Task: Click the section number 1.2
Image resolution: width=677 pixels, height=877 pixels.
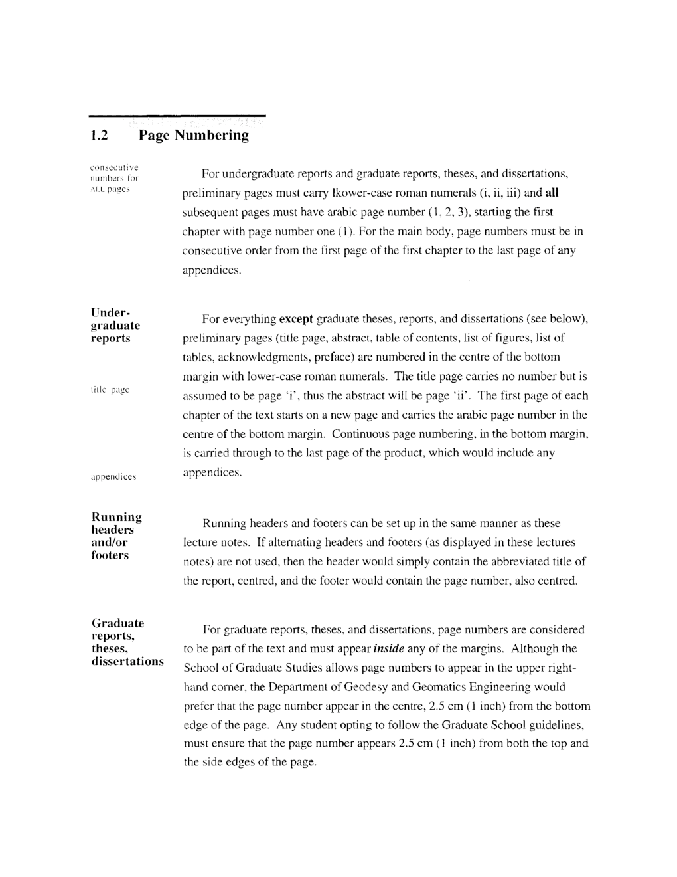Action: pyautogui.click(x=99, y=136)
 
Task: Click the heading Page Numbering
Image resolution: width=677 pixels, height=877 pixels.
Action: pyautogui.click(x=194, y=136)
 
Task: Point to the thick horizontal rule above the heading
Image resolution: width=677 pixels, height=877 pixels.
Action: pyautogui.click(x=177, y=116)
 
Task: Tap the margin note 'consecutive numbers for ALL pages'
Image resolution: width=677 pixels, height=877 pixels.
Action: pyautogui.click(x=115, y=178)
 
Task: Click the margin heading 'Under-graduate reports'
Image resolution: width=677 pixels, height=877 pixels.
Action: pyautogui.click(x=115, y=326)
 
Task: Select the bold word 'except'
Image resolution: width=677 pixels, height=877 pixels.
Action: pyautogui.click(x=296, y=319)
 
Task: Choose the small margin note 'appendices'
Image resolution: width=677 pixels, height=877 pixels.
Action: pyautogui.click(x=113, y=476)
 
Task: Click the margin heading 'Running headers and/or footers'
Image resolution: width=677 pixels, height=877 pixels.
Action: pyautogui.click(x=116, y=536)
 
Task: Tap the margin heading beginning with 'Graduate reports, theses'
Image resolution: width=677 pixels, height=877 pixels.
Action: pyautogui.click(x=127, y=642)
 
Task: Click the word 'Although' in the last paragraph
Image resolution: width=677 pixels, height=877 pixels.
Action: pyautogui.click(x=536, y=649)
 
